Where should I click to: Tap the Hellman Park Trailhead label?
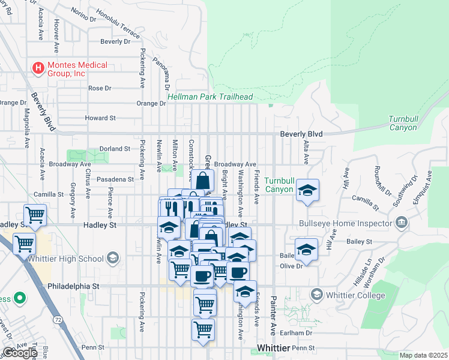(x=210, y=97)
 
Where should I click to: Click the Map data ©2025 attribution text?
(x=424, y=355)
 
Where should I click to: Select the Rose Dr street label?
(x=100, y=88)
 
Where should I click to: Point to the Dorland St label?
(x=115, y=148)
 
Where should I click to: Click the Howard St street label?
(x=100, y=118)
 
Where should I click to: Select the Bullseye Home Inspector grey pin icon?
(x=402, y=223)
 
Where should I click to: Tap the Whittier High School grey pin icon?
(x=112, y=259)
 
